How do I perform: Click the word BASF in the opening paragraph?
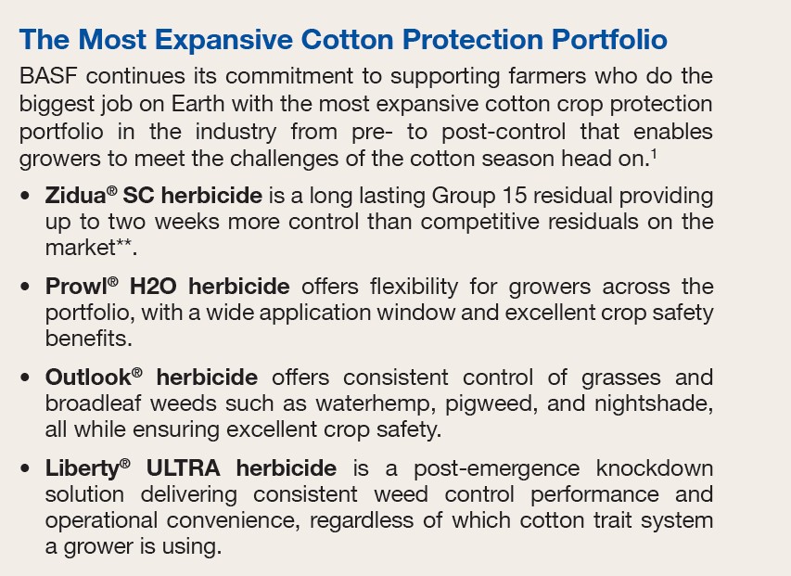point(48,76)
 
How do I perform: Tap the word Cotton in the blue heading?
point(347,39)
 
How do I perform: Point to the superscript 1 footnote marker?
point(654,154)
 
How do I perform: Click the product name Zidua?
point(76,196)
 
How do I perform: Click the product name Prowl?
point(76,287)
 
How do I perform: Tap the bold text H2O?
point(153,287)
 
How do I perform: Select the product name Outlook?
point(88,378)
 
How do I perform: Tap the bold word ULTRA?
point(183,468)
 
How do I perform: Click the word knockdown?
point(655,468)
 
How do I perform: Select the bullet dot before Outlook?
point(25,378)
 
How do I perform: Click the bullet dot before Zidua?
point(25,197)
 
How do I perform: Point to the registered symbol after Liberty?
point(125,463)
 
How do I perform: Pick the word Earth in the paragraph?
point(198,104)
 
